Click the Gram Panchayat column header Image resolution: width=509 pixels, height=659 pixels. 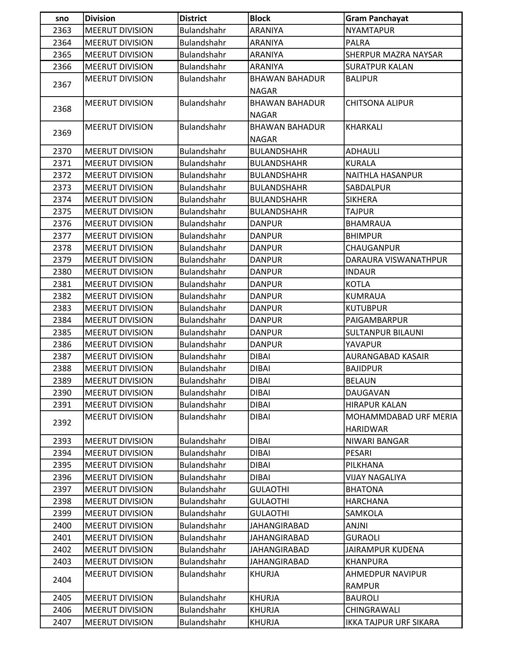coord(377,18)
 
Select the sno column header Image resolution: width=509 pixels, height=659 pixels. coord(62,18)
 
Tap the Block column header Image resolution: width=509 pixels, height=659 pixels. coord(260,18)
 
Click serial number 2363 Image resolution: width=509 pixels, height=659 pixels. coord(62,30)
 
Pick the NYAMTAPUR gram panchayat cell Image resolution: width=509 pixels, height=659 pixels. coord(370,30)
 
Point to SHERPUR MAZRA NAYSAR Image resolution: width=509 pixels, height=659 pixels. coord(394,55)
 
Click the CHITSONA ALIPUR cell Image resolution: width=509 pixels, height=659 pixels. coord(379,103)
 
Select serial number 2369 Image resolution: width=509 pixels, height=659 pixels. coord(62,133)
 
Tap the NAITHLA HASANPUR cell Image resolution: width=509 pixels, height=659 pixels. coord(384,175)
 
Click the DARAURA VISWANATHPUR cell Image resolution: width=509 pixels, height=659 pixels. coord(396,260)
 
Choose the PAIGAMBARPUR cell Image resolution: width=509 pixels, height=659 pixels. coord(376,320)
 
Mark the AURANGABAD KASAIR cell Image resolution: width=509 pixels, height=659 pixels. coord(387,356)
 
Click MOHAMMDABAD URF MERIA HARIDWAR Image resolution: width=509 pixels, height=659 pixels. coord(401,423)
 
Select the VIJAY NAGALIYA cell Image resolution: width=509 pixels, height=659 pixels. coord(375,477)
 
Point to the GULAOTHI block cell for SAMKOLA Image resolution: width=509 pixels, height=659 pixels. coord(269,513)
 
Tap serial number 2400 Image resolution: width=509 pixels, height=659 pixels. coord(62,526)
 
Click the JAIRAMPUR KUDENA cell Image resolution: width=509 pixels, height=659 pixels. coord(384,550)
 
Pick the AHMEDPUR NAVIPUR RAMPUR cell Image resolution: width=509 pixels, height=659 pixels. coord(386,580)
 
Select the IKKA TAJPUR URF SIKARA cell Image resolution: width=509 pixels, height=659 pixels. coord(392,622)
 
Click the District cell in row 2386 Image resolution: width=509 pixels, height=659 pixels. coord(202,344)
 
